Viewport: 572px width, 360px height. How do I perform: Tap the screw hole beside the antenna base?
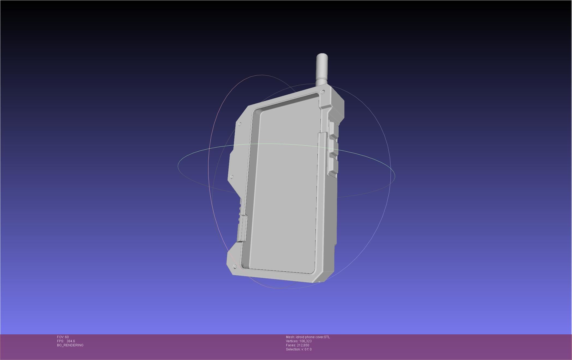click(x=323, y=92)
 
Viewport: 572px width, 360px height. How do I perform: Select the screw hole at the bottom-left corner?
click(x=235, y=266)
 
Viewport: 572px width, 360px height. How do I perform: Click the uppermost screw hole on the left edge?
click(x=240, y=124)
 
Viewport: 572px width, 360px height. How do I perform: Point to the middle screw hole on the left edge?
click(x=232, y=177)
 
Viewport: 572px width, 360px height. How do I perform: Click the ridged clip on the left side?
click(x=242, y=228)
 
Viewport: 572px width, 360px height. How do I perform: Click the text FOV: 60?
click(x=63, y=337)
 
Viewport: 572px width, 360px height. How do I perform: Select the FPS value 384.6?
click(x=71, y=341)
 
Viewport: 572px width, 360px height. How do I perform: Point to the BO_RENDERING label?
click(x=70, y=345)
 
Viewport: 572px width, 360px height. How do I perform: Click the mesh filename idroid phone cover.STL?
click(x=313, y=337)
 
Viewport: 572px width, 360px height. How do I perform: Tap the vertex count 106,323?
click(x=305, y=341)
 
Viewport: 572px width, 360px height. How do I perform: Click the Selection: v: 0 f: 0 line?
click(x=299, y=349)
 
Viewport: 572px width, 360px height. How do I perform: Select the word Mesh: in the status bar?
click(x=290, y=337)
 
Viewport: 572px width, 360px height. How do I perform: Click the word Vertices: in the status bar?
click(x=292, y=341)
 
